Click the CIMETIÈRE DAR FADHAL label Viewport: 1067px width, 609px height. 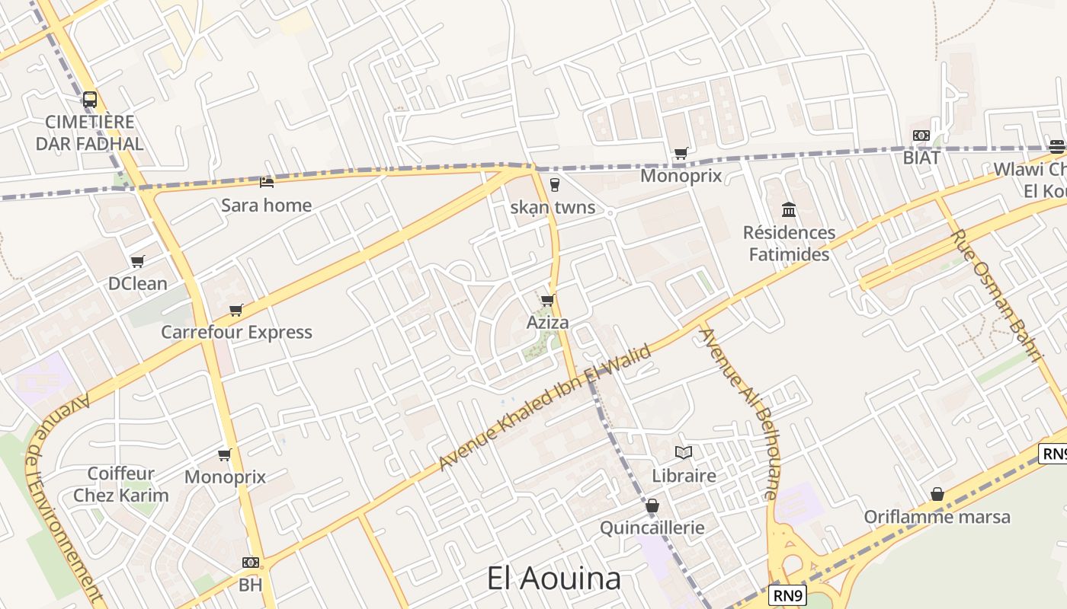click(90, 132)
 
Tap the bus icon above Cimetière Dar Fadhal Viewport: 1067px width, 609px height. click(90, 99)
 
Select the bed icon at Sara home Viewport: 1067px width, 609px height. click(267, 182)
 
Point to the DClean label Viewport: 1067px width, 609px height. click(137, 283)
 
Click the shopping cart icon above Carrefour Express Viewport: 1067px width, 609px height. click(236, 310)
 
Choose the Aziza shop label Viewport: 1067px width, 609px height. click(547, 322)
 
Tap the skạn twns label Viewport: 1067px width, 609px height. click(553, 208)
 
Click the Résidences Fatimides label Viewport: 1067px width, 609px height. click(789, 243)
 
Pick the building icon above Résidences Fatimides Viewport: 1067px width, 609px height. click(789, 209)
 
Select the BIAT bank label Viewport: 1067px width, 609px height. click(921, 158)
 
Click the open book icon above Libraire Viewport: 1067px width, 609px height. click(684, 453)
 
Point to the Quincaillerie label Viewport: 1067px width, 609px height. click(652, 528)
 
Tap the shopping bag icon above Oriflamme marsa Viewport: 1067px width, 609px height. click(937, 495)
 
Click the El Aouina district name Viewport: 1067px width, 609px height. click(554, 579)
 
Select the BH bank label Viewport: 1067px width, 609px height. click(250, 585)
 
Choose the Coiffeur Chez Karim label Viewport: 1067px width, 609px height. click(120, 485)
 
